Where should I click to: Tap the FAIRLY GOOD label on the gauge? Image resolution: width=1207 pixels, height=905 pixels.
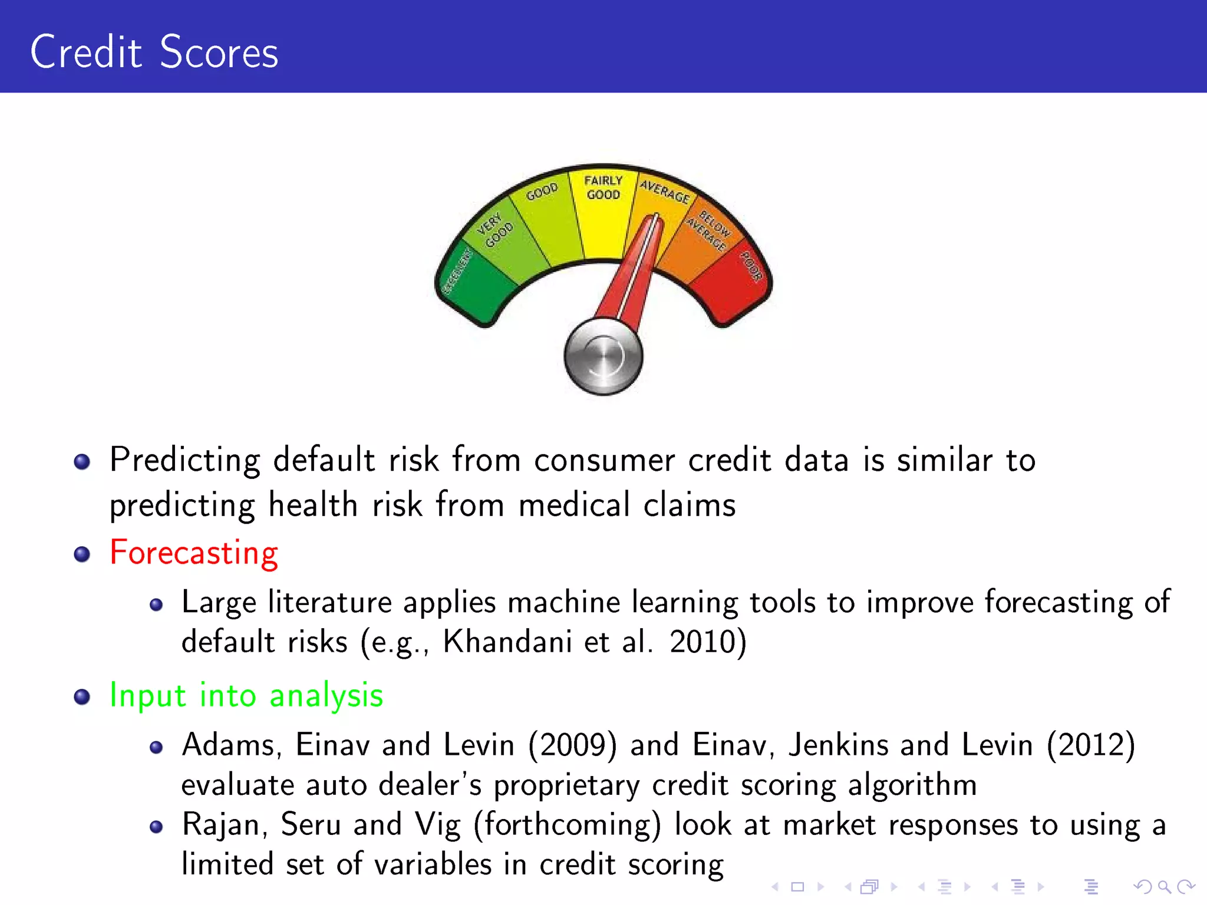click(603, 187)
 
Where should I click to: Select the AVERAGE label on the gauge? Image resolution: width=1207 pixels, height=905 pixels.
click(665, 191)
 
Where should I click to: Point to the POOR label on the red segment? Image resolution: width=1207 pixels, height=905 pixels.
click(751, 266)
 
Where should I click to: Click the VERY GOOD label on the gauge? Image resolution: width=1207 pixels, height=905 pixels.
click(494, 230)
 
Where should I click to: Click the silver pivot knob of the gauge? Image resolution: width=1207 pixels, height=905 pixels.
click(603, 356)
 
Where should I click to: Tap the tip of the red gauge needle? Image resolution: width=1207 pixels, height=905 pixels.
click(655, 219)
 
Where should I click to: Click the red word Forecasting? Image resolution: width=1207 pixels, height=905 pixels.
click(194, 553)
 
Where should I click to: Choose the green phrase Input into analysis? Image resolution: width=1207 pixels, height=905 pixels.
click(246, 695)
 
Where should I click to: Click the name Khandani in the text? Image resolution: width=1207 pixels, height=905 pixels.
click(507, 642)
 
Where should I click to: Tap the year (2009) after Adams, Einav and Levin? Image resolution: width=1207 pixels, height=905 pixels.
click(572, 745)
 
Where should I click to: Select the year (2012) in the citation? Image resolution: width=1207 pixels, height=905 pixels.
click(1090, 745)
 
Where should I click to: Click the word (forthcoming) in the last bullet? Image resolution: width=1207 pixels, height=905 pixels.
click(568, 825)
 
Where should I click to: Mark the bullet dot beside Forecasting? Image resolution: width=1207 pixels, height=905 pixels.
click(82, 554)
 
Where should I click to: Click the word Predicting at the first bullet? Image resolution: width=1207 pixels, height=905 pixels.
click(184, 460)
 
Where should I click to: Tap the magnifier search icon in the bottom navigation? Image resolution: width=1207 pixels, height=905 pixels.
click(1164, 886)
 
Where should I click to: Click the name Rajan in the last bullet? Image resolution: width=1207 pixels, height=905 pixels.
click(221, 825)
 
